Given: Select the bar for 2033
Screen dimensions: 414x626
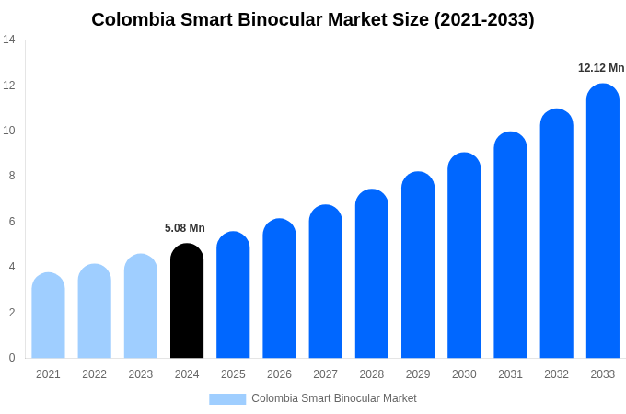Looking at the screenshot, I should [603, 221].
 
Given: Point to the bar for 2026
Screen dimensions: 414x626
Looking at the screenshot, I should [279, 289].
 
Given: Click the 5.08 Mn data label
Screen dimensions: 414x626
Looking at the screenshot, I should [185, 228].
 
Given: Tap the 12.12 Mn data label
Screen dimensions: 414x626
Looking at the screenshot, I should [601, 68].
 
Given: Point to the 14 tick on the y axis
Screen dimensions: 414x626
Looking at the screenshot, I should [9, 40].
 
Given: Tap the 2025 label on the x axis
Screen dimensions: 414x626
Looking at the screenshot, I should [233, 374].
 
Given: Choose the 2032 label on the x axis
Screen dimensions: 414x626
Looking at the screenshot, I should [556, 374].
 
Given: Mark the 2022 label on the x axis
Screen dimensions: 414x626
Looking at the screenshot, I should [94, 374].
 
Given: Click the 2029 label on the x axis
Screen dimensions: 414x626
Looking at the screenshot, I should [418, 374].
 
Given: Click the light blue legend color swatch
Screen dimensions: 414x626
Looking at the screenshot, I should [227, 399].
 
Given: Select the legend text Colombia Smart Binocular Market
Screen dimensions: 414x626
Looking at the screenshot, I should [334, 398].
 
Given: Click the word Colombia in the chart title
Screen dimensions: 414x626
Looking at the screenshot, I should [131, 19].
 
